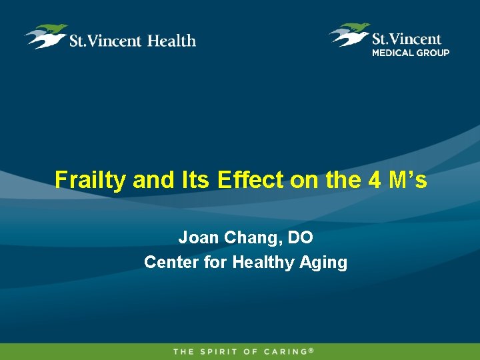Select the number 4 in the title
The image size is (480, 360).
pos(371,180)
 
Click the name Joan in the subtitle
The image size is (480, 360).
pos(196,237)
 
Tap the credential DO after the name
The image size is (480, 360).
pos(300,237)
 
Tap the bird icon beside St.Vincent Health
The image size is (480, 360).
pos(46,36)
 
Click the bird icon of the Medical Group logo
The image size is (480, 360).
pos(349,34)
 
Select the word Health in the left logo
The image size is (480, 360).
pos(171,41)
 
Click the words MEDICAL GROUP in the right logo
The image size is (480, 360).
pos(411,53)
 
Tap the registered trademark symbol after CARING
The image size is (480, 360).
pos(311,349)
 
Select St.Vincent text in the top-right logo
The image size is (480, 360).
pos(407,39)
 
